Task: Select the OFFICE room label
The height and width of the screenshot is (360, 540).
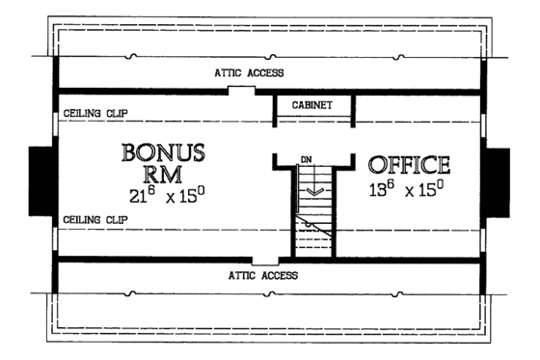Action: [x=410, y=164]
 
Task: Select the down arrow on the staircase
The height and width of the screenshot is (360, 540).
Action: [x=311, y=190]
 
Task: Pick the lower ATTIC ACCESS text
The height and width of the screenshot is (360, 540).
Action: [x=263, y=275]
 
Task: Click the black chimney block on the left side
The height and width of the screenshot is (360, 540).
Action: [x=41, y=180]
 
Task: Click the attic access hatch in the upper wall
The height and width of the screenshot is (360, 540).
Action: [x=242, y=91]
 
